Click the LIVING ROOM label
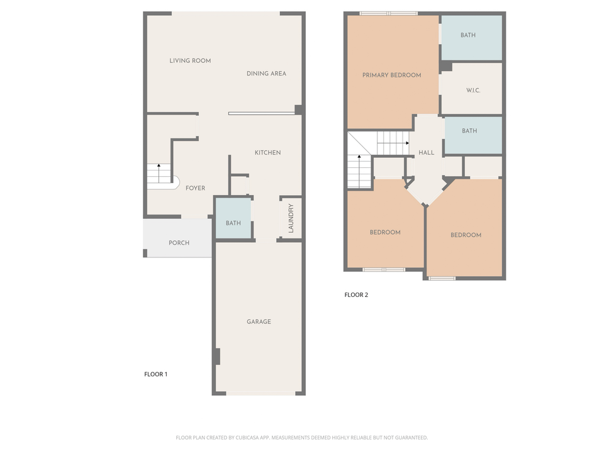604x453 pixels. pos(190,61)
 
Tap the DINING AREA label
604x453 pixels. pos(266,74)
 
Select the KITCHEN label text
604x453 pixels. pos(267,153)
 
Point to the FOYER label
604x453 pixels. pos(195,188)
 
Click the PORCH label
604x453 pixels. pos(179,243)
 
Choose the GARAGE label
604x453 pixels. pos(259,322)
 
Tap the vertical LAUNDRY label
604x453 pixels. pos(291,218)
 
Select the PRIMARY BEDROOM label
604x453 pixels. pos(391,75)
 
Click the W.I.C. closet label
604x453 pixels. pos(473,91)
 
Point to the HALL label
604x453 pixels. pos(426,153)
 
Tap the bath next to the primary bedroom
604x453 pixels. pos(468,36)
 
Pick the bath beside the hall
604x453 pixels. pos(469,131)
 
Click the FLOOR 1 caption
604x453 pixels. pos(156,374)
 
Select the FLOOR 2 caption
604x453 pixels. pos(356,294)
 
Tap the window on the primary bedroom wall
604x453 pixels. pos(388,13)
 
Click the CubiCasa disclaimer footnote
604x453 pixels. pos(301,437)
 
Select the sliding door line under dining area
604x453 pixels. pos(262,114)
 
